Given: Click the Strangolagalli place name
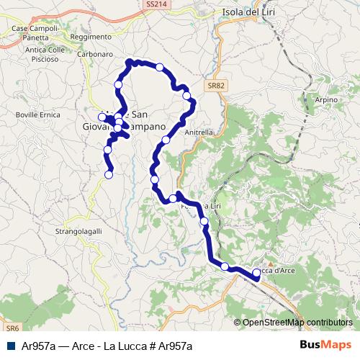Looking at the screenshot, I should [x=78, y=231].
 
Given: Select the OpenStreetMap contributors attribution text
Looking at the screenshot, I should [x=297, y=323].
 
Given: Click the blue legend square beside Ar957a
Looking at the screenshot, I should [x=9, y=346].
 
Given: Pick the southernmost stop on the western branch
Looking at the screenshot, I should [x=109, y=174].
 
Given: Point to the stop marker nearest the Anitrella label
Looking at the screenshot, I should [x=166, y=140].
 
